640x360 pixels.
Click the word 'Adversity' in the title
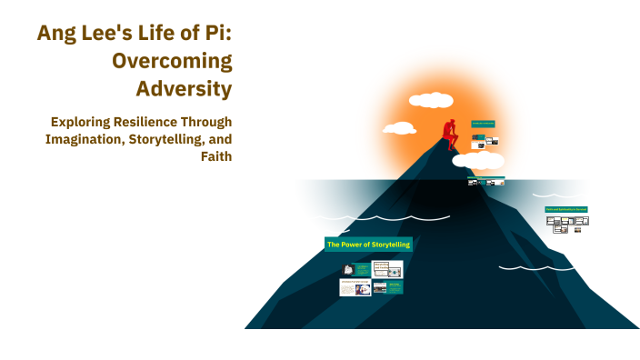(185, 89)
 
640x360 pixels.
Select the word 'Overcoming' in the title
(172, 61)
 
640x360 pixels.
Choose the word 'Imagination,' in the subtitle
(85, 138)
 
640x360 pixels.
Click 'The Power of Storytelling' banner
(368, 245)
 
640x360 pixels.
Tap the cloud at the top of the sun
(431, 100)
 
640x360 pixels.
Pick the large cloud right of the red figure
(478, 161)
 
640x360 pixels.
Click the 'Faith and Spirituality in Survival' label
(565, 209)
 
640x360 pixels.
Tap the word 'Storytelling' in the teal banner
(388, 245)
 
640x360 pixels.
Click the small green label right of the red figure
(483, 123)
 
